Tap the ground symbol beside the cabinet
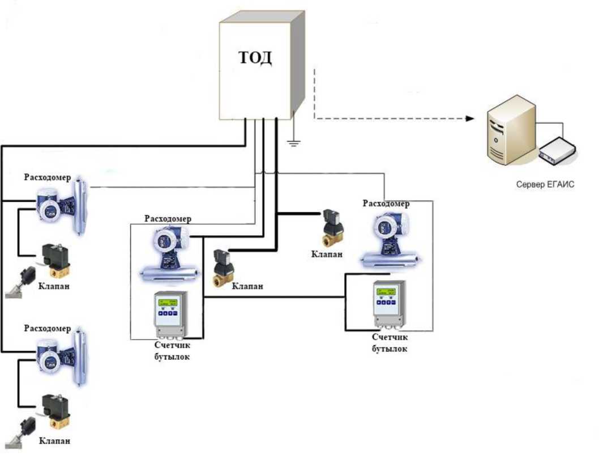coord(293,141)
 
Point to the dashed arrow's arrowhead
coord(469,118)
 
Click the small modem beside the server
coord(558,151)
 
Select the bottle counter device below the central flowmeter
coord(173,315)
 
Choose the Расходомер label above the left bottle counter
coord(168,219)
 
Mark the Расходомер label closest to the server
coord(386,204)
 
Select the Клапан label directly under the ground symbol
coord(327,253)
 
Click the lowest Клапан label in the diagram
coord(55,440)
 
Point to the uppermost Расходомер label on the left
coord(48,177)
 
